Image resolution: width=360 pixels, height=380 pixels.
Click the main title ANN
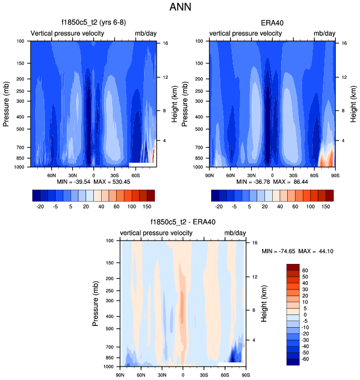[180, 8]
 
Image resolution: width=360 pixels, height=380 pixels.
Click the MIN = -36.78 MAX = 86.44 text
[272, 182]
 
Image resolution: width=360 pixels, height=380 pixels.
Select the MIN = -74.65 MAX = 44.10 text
[297, 251]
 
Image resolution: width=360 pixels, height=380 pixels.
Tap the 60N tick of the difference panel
[142, 374]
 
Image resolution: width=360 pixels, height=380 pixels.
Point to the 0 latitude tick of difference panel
[183, 374]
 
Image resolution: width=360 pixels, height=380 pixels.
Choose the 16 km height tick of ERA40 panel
[344, 43]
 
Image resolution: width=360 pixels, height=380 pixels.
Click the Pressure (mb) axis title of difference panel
[97, 303]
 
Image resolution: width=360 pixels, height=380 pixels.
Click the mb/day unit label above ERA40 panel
[325, 34]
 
